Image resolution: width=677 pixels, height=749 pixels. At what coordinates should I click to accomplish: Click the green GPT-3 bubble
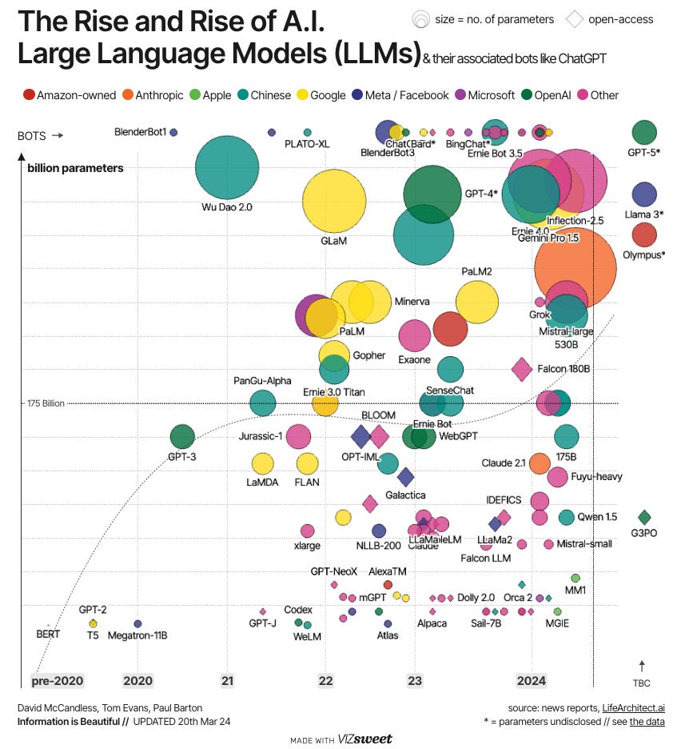182,437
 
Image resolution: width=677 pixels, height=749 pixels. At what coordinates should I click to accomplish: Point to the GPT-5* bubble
644,132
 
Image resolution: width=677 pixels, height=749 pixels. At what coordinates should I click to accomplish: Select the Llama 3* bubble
644,194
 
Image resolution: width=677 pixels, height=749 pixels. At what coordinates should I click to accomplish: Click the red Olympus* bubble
644,235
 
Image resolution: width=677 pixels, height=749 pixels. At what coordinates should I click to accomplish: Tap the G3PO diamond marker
644,517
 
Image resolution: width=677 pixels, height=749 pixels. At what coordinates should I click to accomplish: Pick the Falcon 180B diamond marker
522,369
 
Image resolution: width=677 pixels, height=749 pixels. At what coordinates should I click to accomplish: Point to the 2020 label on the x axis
137,681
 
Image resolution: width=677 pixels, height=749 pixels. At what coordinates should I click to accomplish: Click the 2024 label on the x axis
531,681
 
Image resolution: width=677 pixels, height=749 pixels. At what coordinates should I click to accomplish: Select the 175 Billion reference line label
42,403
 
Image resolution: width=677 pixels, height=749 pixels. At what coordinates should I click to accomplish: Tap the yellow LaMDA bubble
262,463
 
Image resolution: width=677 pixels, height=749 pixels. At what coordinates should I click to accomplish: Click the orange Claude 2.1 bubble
540,463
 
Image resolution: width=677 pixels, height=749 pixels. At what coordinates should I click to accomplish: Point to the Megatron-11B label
137,636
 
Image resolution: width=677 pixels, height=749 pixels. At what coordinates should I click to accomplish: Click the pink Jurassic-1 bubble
298,436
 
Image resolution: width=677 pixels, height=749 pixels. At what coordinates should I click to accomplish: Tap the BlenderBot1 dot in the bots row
173,132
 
